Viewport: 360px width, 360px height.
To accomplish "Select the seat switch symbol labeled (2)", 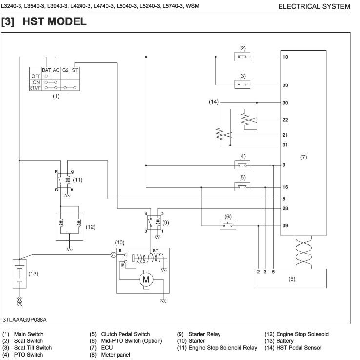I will (242, 57).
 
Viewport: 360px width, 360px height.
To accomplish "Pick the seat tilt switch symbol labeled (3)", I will (242, 85).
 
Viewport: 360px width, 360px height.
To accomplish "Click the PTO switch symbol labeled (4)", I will (242, 165).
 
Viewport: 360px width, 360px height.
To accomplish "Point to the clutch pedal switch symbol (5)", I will (242, 187).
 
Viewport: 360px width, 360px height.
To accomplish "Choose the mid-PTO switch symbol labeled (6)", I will (228, 225).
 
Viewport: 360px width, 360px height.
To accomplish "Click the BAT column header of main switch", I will (46, 70).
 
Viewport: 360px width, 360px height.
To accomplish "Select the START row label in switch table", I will (35, 88).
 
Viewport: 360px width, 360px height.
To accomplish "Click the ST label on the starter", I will (156, 250).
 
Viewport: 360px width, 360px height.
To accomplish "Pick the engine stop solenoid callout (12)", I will (90, 227).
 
